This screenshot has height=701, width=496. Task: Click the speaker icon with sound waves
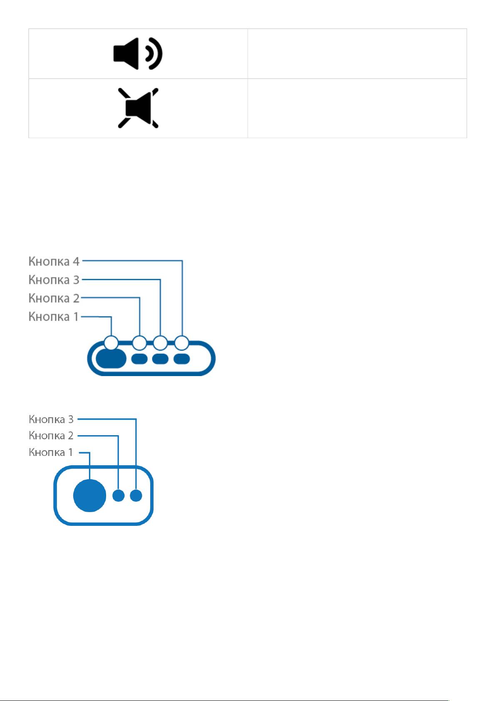138,54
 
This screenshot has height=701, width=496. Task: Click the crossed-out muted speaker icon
138,108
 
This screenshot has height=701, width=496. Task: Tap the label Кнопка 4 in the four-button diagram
54,261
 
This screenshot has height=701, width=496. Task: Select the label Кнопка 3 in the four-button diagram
54,280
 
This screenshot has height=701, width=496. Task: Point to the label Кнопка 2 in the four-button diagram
54,298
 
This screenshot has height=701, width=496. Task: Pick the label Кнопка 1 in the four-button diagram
54,317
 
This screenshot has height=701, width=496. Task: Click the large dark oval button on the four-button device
111,359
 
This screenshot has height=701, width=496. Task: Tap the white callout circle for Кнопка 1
112,343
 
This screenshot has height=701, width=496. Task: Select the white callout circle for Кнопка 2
139,343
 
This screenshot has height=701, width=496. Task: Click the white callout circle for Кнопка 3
161,343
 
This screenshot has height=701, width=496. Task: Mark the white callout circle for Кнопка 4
182,343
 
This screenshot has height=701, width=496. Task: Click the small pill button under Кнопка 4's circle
182,359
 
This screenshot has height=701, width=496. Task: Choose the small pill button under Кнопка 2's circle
139,359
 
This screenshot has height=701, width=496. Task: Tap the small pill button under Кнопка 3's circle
161,359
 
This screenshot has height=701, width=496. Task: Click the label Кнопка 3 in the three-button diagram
51,419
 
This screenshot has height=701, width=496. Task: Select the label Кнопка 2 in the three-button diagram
51,435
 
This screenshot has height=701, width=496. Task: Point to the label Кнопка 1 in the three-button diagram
51,452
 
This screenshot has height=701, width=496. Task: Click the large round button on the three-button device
90,495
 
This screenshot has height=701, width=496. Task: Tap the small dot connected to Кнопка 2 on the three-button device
119,495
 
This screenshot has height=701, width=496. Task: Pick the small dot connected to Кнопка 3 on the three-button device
136,495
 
